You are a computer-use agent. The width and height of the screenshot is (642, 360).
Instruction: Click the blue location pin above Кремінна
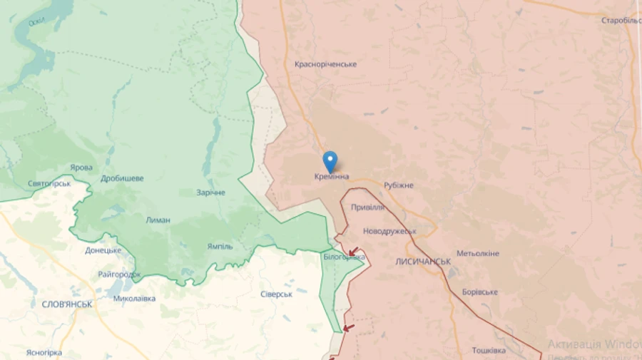coord(330,160)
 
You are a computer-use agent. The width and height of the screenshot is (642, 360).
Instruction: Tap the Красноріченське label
coord(325,64)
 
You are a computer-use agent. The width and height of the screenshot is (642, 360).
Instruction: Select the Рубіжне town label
coord(398,185)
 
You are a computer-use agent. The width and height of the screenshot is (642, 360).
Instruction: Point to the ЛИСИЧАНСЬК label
coord(423,262)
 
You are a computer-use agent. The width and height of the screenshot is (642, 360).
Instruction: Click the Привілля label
coord(368,207)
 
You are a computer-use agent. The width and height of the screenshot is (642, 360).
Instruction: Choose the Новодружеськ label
coord(389,232)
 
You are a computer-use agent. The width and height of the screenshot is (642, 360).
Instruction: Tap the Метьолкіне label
coord(478,254)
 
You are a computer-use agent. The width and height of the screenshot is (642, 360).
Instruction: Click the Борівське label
coord(479,292)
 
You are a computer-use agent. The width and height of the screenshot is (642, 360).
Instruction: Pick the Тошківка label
coord(489,350)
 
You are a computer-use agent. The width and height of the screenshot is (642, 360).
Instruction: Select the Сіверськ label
coord(277,294)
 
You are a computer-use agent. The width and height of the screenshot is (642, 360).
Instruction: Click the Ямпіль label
coord(220,247)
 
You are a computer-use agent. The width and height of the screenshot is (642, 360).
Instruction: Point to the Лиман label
coord(158,220)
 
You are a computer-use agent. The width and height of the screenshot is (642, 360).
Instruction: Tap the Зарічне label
coord(211,192)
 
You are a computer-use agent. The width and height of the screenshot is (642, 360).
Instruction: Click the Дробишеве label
coord(122,178)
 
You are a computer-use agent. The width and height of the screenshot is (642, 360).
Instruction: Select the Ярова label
coord(81,168)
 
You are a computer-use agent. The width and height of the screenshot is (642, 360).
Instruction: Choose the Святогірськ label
coord(49,184)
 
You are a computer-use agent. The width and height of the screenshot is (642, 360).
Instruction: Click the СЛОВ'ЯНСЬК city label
coord(62,304)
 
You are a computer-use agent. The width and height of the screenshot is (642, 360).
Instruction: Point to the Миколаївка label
coord(134,299)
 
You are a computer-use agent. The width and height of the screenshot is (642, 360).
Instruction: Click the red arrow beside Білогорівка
coord(353,252)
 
